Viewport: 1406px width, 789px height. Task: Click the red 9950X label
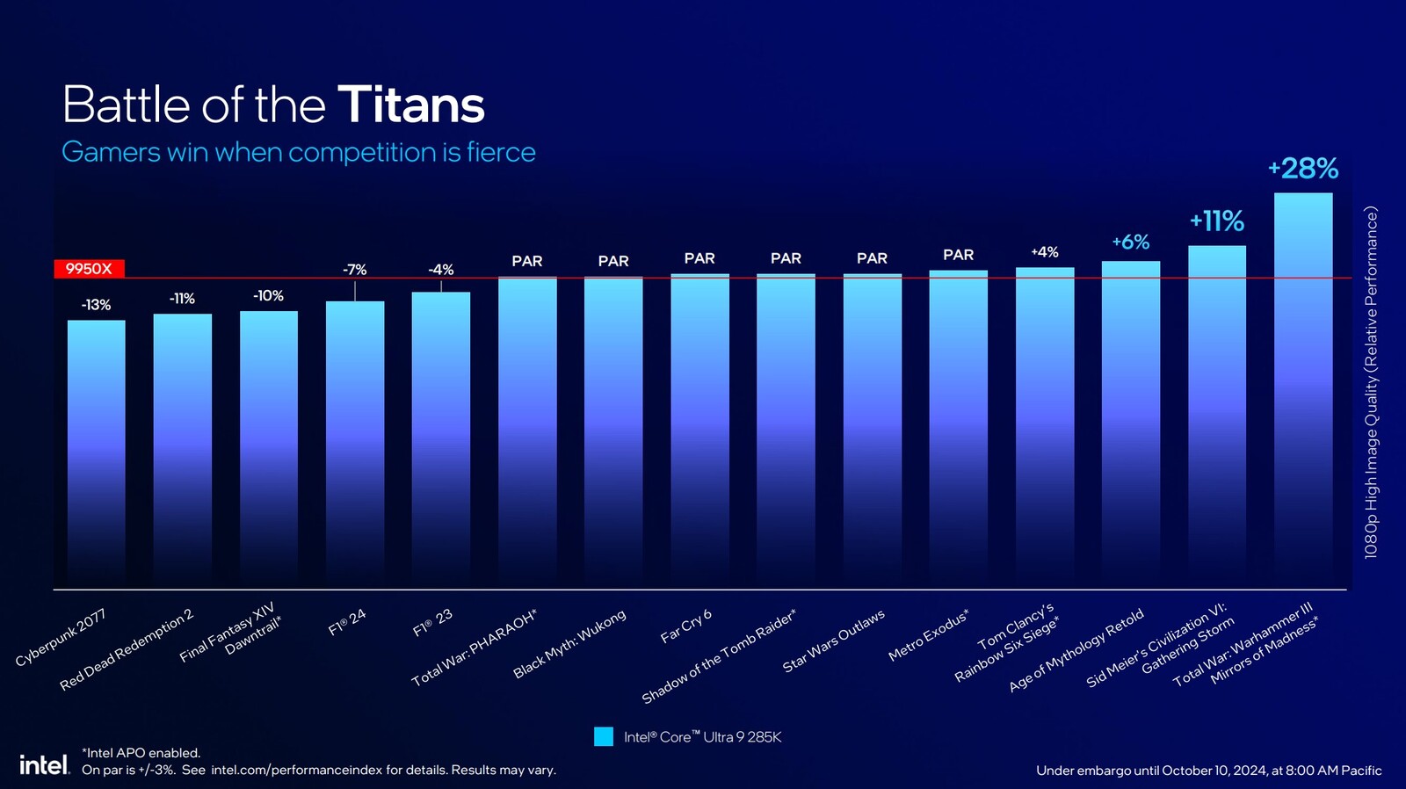tap(89, 269)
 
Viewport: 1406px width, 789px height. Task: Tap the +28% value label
tap(1302, 168)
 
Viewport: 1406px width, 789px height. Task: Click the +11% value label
tap(1216, 221)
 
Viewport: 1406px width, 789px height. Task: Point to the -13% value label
tap(96, 305)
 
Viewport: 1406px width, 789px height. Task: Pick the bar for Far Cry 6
tap(699, 431)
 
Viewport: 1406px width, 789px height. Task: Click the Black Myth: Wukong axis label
tap(570, 644)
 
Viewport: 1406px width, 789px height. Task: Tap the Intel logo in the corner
tap(43, 764)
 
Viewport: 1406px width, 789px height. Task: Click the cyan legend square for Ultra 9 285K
tap(604, 736)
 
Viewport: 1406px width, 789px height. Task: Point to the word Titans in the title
tap(410, 105)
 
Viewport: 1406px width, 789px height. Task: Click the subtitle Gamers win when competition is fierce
tap(298, 152)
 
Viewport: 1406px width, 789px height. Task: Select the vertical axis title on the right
tap(1371, 382)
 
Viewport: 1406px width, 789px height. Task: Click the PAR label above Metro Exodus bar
tap(958, 255)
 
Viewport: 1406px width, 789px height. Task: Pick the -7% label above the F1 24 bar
tap(354, 270)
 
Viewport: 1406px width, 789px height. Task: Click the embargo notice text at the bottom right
tap(1208, 771)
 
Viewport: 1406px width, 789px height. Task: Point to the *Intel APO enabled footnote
tap(141, 753)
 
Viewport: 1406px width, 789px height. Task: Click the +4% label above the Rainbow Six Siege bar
tap(1044, 252)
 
